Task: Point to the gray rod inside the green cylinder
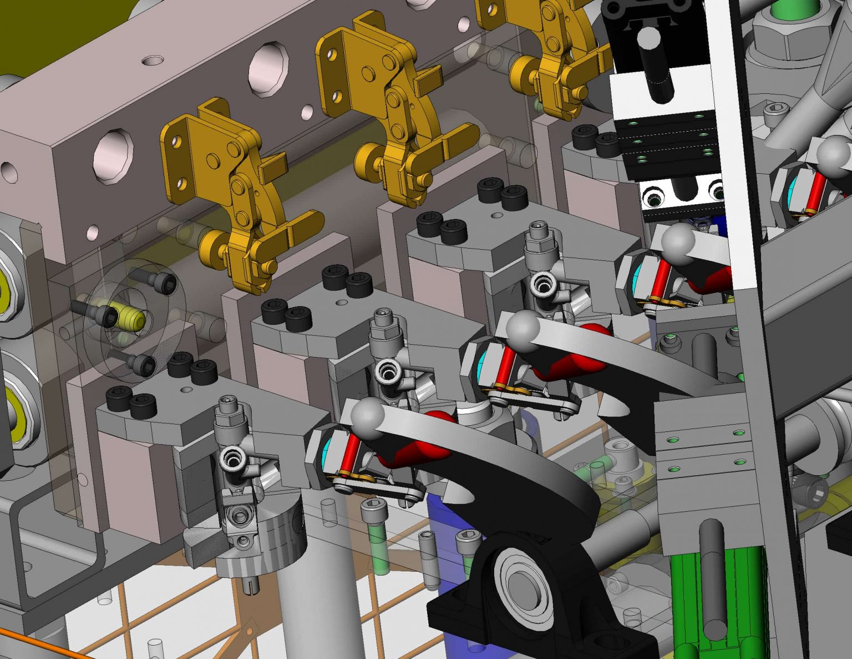[713, 577]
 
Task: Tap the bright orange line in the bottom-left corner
[33, 644]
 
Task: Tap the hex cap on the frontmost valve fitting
[227, 408]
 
